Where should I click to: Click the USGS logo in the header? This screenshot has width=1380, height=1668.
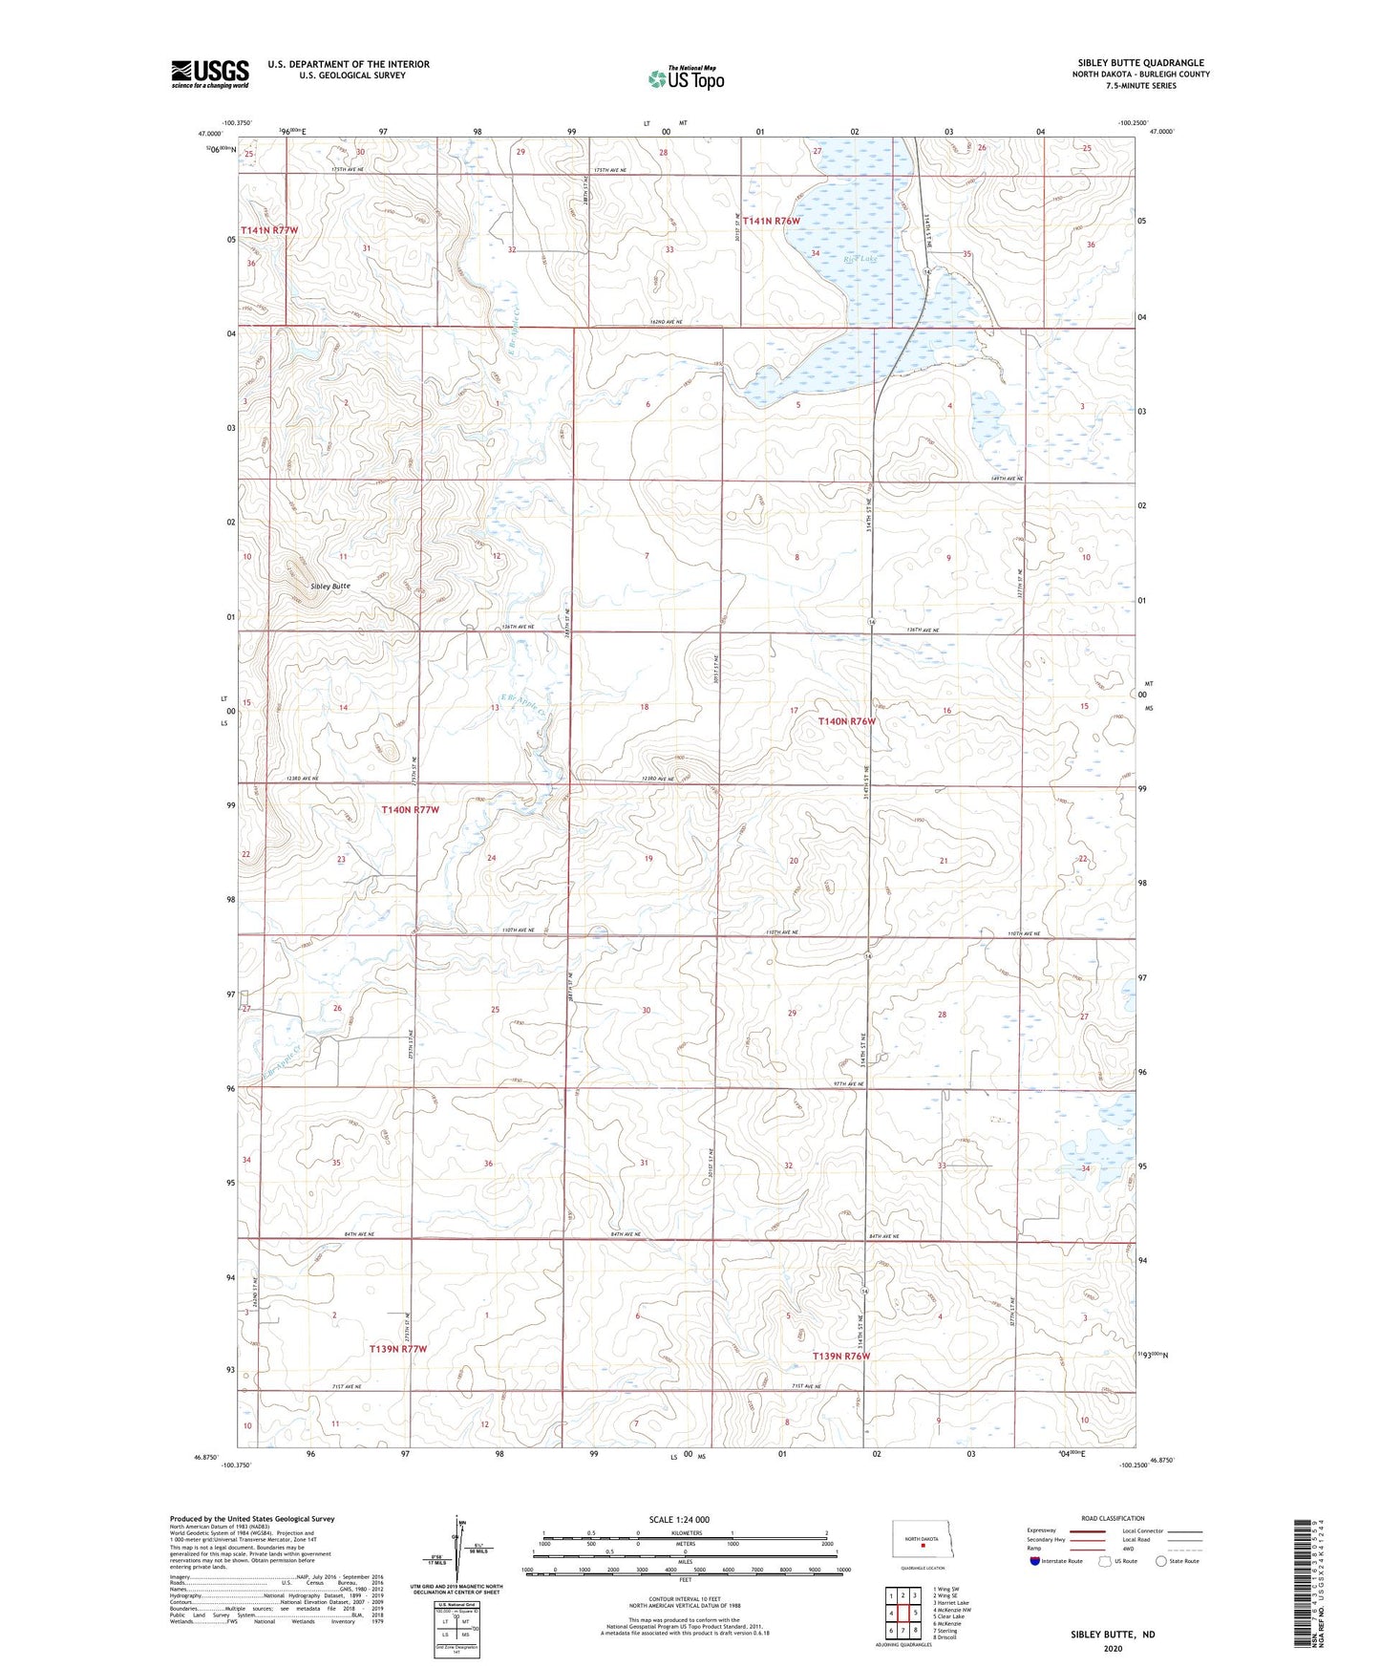click(x=210, y=74)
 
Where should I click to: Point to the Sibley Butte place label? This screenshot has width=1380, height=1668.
click(x=330, y=586)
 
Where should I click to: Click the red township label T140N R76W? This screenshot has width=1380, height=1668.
click(x=846, y=721)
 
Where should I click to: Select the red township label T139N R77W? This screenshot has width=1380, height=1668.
click(x=397, y=1349)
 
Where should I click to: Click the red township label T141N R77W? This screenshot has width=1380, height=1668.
click(x=269, y=230)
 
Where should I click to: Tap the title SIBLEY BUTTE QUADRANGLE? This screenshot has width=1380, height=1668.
click(x=1140, y=62)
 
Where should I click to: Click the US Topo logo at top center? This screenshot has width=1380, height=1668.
click(x=686, y=78)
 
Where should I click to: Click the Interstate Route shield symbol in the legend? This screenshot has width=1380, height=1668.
click(x=1034, y=1561)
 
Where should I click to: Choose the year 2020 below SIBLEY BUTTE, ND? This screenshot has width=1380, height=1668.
click(x=1113, y=1648)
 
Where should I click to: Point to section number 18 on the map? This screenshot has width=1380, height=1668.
click(x=645, y=707)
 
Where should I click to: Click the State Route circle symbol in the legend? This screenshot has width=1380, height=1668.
click(x=1161, y=1561)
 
